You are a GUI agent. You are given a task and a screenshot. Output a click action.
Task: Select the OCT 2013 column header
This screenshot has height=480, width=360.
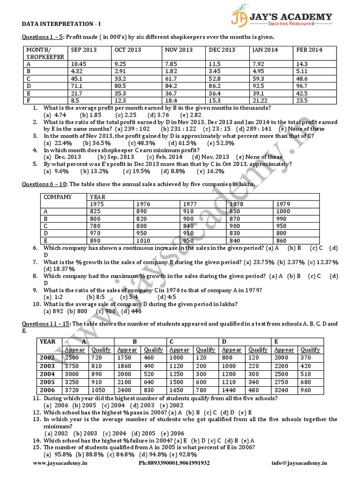coord(127,50)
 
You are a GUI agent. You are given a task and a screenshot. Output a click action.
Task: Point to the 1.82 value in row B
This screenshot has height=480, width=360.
coord(171,71)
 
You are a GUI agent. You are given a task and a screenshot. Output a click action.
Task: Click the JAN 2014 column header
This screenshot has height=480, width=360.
coord(265,50)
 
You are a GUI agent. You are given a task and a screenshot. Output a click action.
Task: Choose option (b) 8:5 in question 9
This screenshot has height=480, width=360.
coord(95,297)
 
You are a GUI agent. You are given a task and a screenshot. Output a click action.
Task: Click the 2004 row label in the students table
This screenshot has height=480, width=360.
coord(48,374)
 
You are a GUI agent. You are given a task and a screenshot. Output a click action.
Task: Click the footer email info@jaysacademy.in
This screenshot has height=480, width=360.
coord(299,463)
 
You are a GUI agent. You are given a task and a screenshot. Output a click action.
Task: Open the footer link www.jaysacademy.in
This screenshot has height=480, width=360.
coord(60,463)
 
